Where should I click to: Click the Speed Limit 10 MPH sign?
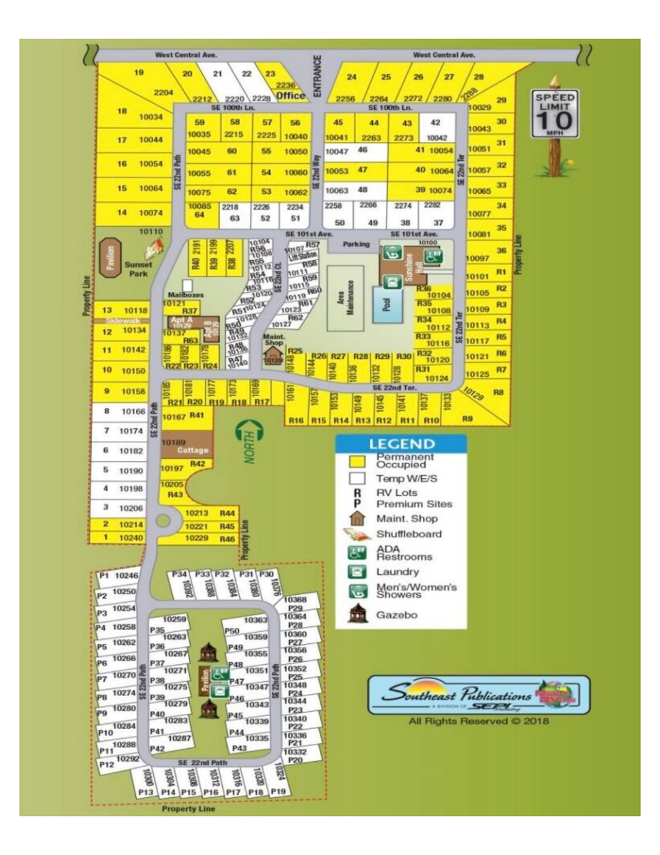[x=555, y=114]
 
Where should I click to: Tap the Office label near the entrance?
[x=290, y=95]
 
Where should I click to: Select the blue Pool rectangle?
[x=387, y=304]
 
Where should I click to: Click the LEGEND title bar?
[x=401, y=444]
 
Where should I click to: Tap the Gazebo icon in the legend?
[x=357, y=614]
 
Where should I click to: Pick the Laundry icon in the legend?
[x=357, y=571]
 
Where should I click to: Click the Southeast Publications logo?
[x=478, y=695]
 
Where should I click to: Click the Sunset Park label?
[x=137, y=269]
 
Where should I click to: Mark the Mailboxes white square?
[x=187, y=285]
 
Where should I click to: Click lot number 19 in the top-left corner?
[x=139, y=73]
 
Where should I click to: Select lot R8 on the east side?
[x=498, y=393]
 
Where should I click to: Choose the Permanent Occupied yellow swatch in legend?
[x=357, y=460]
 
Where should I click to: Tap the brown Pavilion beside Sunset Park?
[x=110, y=257]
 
